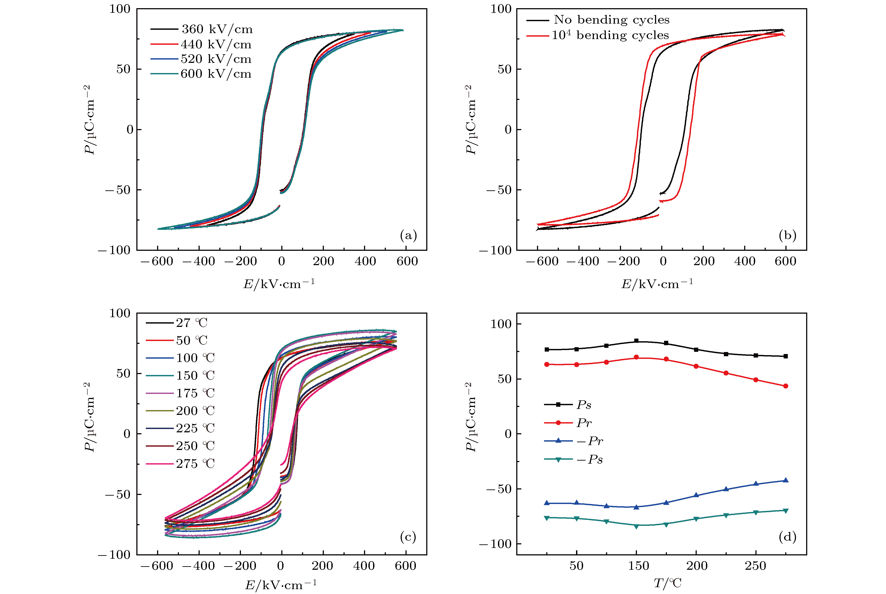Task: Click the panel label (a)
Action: [408, 236]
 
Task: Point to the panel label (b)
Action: [788, 236]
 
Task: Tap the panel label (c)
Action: [408, 536]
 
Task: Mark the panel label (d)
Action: [788, 536]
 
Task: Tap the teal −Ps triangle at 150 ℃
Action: [636, 527]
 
